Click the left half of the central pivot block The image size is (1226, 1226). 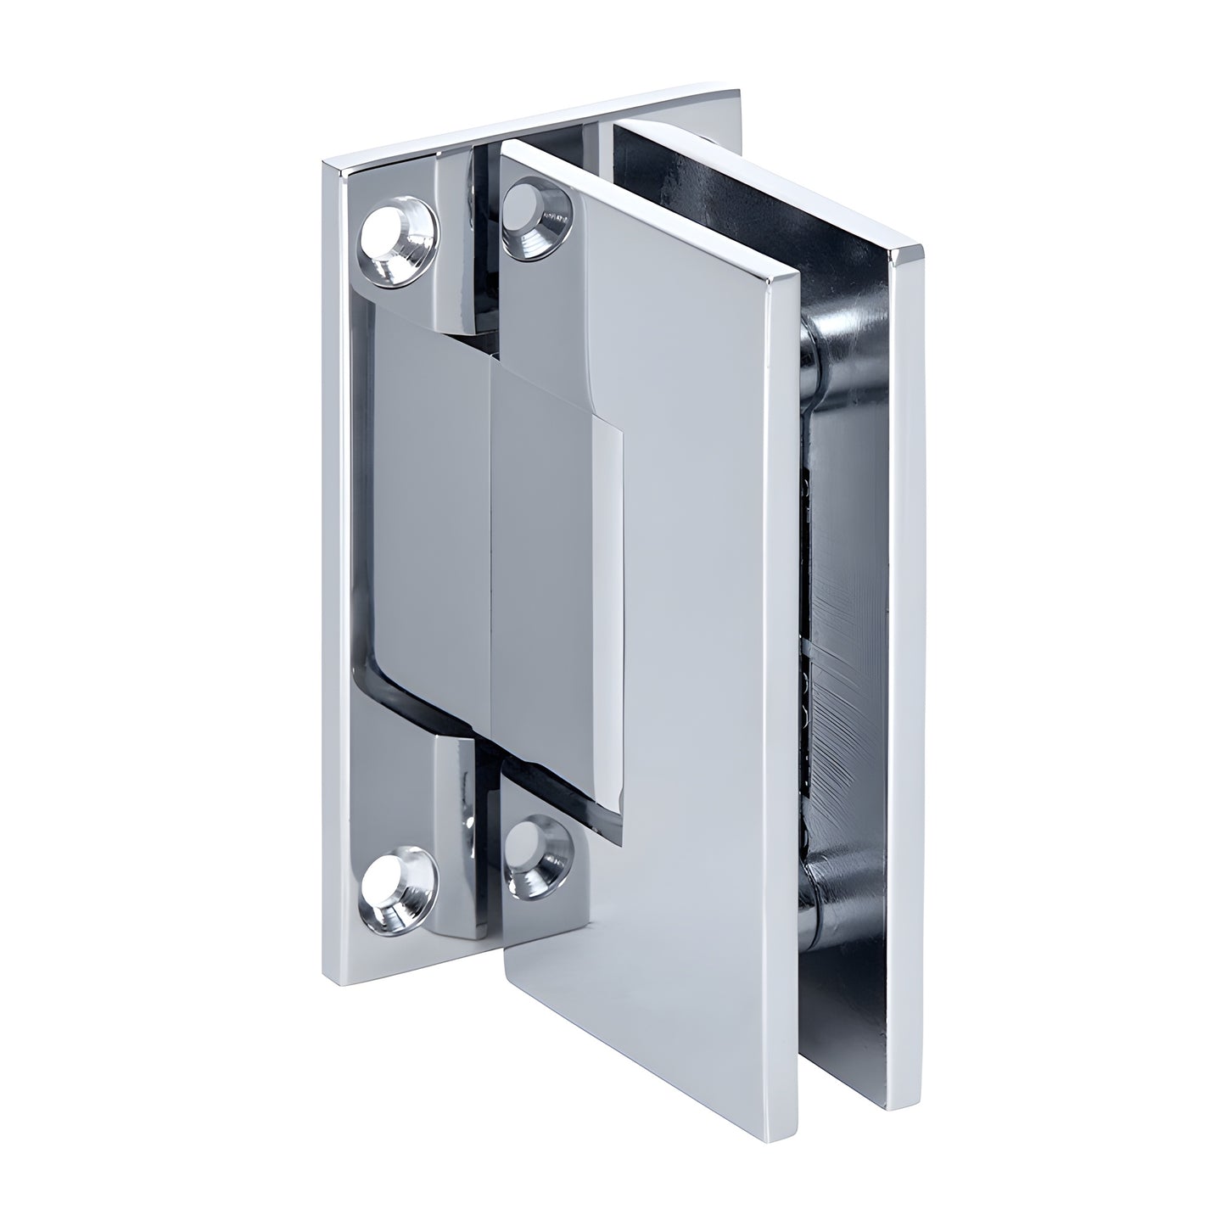pyautogui.click(x=428, y=526)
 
